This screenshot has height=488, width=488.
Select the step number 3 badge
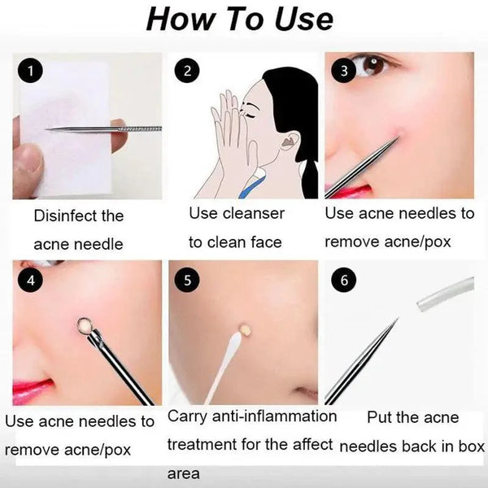coord(344,72)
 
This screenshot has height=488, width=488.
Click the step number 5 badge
coord(188,281)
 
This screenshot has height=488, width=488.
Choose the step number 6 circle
coord(344,281)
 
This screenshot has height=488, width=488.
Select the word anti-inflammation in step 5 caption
coord(276,416)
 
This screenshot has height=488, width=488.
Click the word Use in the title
coord(300,20)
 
